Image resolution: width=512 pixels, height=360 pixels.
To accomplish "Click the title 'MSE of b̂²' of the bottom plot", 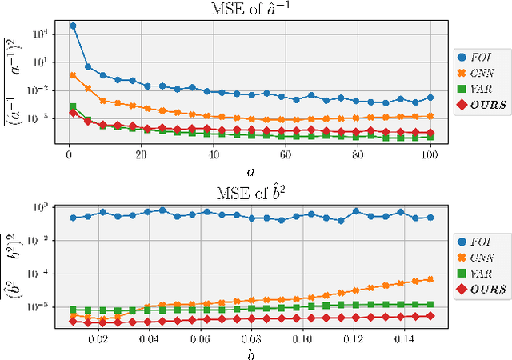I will (251, 191).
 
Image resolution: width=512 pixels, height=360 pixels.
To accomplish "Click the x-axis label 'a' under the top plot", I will (251, 170).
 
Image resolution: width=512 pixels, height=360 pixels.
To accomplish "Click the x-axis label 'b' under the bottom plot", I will (251, 353).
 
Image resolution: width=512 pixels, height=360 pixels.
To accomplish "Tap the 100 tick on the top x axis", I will (430, 155).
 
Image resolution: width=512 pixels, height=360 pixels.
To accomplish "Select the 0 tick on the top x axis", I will (70, 155).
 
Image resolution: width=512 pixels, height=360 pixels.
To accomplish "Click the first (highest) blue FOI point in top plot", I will (73, 26).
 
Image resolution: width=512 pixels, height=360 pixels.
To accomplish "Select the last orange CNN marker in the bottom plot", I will (430, 279).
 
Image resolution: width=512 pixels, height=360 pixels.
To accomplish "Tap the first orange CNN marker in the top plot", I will (73, 75).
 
